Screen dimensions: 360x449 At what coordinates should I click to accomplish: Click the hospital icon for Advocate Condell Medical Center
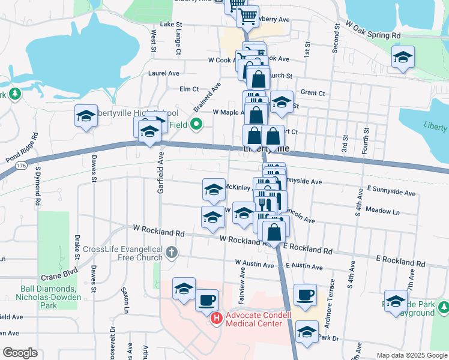click(x=217, y=319)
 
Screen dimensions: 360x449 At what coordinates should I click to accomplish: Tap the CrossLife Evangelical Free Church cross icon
click(x=172, y=252)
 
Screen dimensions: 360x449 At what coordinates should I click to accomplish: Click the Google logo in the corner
click(x=20, y=353)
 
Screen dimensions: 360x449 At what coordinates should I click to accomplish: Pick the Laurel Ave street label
click(x=163, y=73)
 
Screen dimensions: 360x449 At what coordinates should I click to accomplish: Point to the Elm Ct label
click(x=189, y=89)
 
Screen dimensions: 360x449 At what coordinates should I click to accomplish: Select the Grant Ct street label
click(x=313, y=93)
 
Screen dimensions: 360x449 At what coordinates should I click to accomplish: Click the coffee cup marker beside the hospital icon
click(x=207, y=299)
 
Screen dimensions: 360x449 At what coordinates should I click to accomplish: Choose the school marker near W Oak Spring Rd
click(x=403, y=58)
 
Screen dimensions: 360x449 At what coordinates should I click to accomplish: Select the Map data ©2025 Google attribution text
click(x=411, y=355)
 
